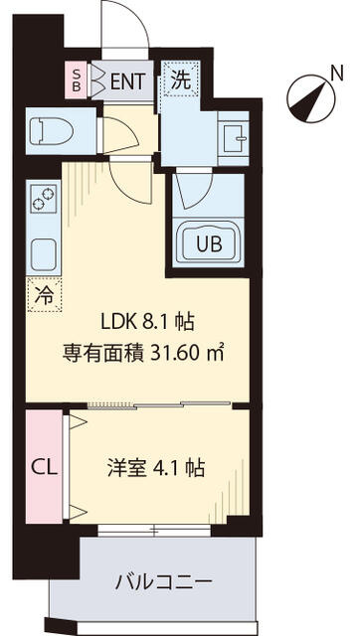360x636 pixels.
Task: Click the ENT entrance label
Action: click(x=127, y=81)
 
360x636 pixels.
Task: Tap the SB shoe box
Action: click(x=77, y=79)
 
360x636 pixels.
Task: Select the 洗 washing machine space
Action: click(x=181, y=79)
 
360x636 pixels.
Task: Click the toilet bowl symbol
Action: click(x=52, y=130)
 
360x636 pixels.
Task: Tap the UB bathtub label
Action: click(x=210, y=243)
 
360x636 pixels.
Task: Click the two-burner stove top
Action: click(x=44, y=201)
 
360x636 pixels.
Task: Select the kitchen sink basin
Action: click(x=43, y=252)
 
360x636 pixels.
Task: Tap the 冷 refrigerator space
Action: click(x=44, y=296)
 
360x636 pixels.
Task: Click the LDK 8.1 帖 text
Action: click(x=147, y=323)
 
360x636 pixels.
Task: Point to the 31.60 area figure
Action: click(x=174, y=354)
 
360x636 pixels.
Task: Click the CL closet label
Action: click(x=44, y=468)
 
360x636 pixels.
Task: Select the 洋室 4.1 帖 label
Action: click(x=155, y=469)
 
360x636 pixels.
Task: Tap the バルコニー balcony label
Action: click(x=163, y=583)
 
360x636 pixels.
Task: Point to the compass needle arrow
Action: click(x=310, y=98)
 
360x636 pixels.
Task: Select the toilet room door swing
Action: click(x=121, y=135)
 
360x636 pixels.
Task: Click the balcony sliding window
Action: click(x=154, y=530)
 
